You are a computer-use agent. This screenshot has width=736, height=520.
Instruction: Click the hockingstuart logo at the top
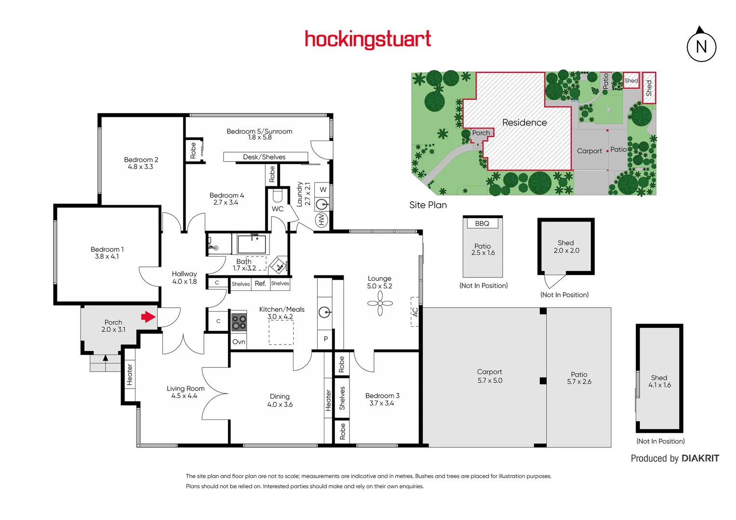pyautogui.click(x=368, y=39)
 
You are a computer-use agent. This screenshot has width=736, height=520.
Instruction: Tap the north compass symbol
pyautogui.click(x=701, y=46)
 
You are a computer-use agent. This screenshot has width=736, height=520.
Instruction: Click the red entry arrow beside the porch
pyautogui.click(x=148, y=317)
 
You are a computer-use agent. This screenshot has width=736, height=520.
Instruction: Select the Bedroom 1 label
pyautogui.click(x=107, y=253)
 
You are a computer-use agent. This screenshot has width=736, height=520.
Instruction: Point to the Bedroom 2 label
pyautogui.click(x=141, y=163)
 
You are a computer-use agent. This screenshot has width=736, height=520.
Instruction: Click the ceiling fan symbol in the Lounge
pyautogui.click(x=380, y=303)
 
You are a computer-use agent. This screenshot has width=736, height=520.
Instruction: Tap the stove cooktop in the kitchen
pyautogui.click(x=239, y=322)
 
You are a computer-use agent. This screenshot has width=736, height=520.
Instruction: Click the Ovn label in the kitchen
pyautogui.click(x=239, y=342)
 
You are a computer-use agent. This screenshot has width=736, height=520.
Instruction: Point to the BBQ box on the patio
pyautogui.click(x=482, y=223)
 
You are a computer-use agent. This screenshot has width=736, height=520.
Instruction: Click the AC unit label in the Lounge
pyautogui.click(x=415, y=312)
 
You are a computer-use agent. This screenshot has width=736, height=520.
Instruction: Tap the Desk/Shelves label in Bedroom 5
pyautogui.click(x=265, y=157)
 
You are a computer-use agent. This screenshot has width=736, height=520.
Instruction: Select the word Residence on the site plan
pyautogui.click(x=524, y=123)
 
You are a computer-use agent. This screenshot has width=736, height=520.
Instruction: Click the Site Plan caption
pyautogui.click(x=428, y=205)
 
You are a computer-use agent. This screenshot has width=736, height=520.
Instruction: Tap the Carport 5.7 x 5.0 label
pyautogui.click(x=490, y=376)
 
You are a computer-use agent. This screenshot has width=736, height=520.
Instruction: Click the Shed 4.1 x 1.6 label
pyautogui.click(x=659, y=381)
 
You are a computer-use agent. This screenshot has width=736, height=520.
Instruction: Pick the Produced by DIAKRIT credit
pyautogui.click(x=675, y=458)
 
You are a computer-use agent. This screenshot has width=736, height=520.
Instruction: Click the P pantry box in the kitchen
pyautogui.click(x=326, y=339)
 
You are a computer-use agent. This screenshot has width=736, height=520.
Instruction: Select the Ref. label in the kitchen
pyautogui.click(x=260, y=284)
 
